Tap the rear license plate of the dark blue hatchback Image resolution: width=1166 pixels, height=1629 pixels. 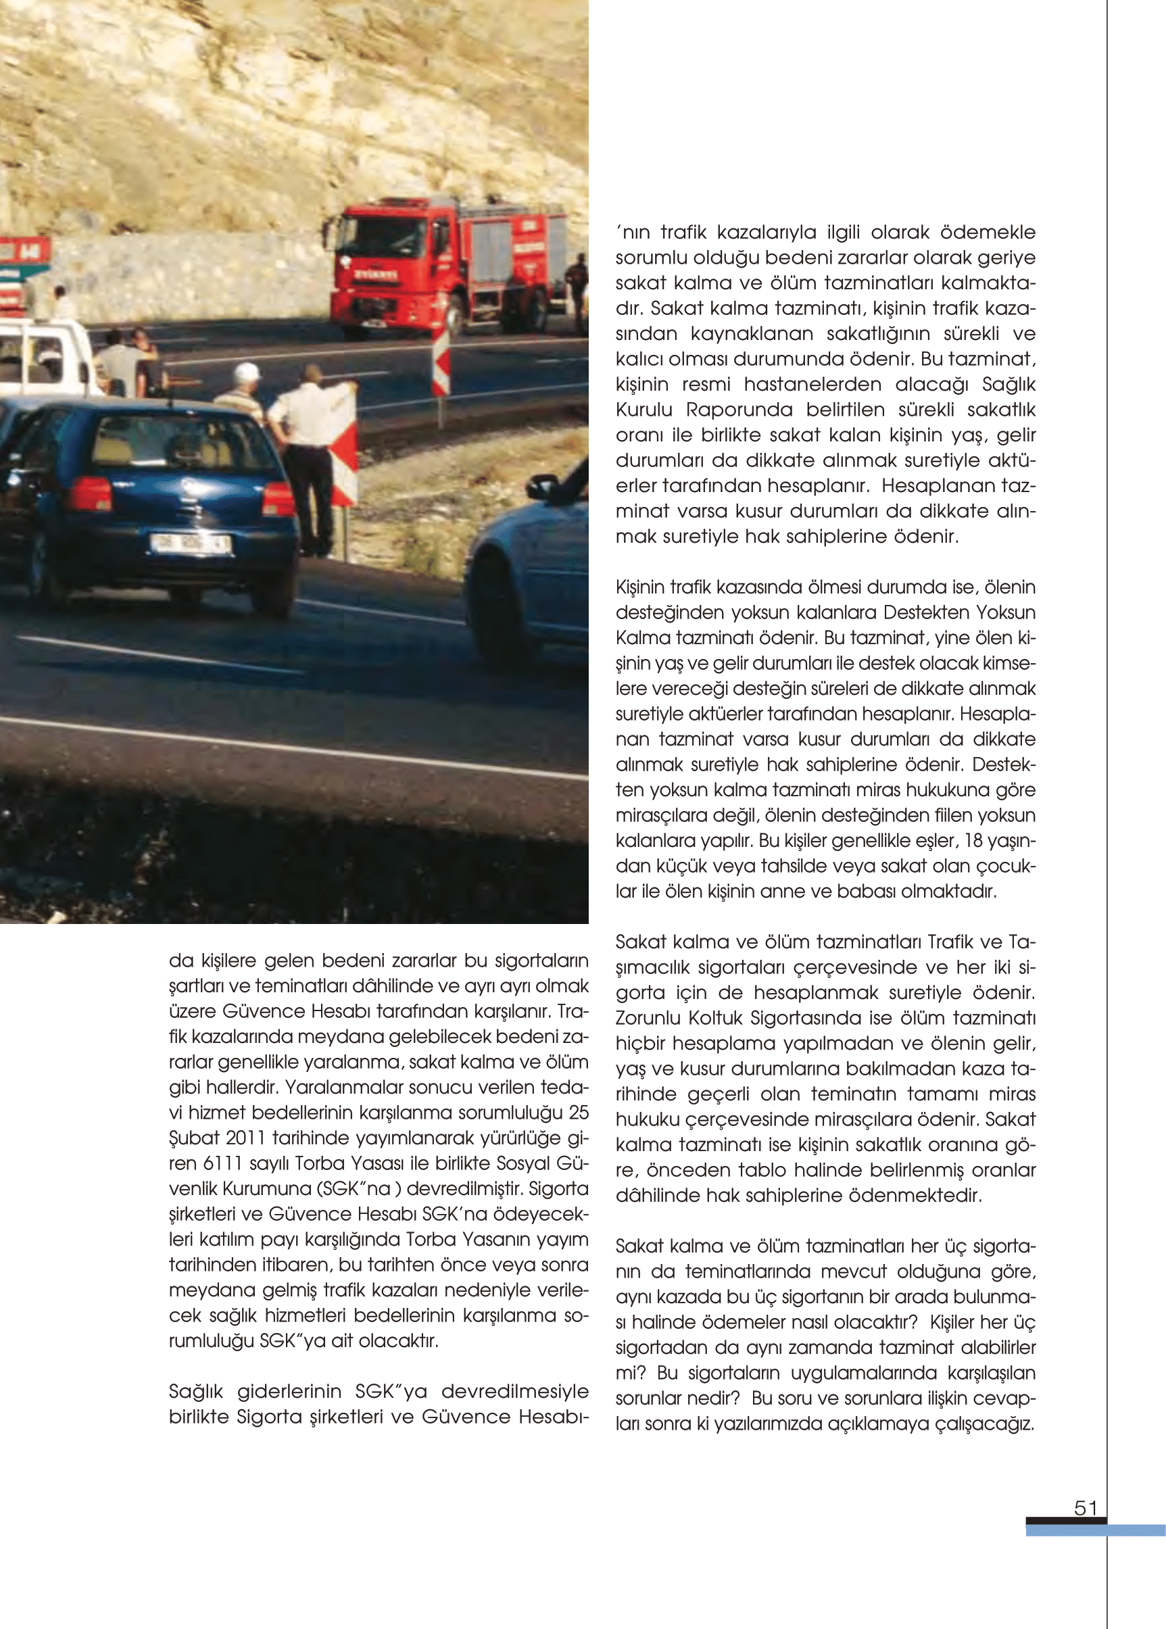point(189,543)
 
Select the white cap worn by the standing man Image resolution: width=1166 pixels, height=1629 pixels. point(247,371)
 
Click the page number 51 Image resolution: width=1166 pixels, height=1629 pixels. point(1085,1509)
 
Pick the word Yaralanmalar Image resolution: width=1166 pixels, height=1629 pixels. point(345,1088)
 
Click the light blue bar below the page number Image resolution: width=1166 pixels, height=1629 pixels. point(1095,1530)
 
